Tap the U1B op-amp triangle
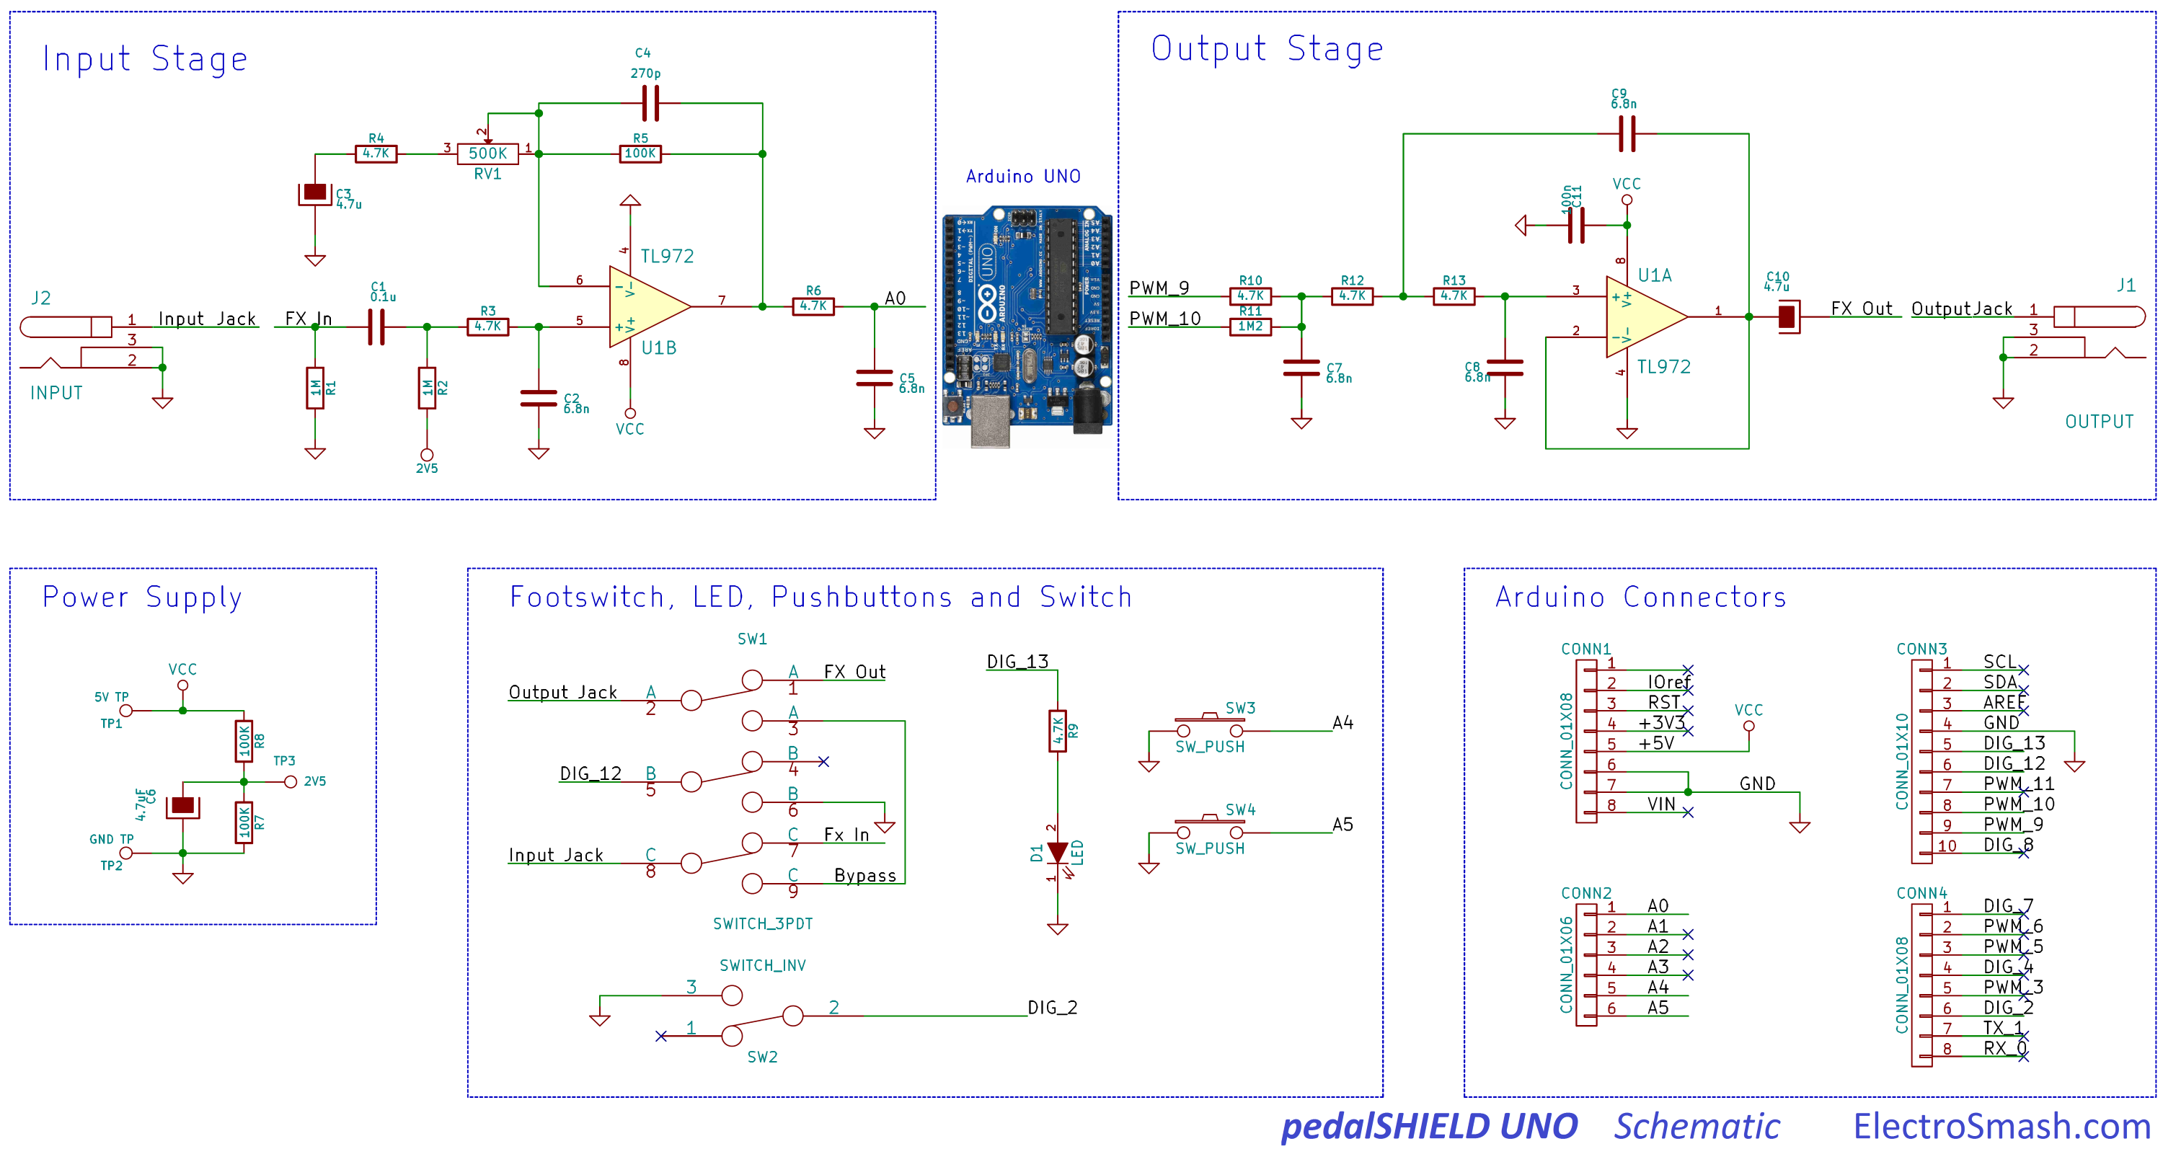pos(647,306)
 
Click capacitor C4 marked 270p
pos(650,104)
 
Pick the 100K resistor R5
pos(640,154)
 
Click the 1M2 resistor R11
pos(1250,327)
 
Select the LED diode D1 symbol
pos(1058,853)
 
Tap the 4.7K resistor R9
pos(1058,731)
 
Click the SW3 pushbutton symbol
pos(1209,724)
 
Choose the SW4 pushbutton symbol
pos(1209,826)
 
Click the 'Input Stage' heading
pos(145,59)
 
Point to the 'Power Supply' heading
pos(142,597)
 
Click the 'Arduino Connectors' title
pos(1641,597)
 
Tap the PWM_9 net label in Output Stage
pos(1159,288)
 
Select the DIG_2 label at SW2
pos(1052,1007)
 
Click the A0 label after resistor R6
pos(895,298)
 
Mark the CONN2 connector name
pos(1585,893)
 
